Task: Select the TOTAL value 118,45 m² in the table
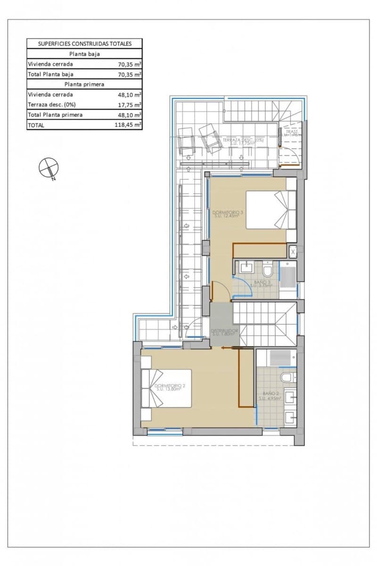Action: tap(130, 125)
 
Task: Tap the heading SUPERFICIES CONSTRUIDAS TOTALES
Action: tap(84, 43)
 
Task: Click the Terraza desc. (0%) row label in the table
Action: tap(52, 105)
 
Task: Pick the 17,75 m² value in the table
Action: tap(130, 105)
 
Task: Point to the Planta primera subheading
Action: tap(84, 84)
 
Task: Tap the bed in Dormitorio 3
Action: tap(270, 209)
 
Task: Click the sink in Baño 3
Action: tap(246, 268)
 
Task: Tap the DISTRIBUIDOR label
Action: tap(225, 331)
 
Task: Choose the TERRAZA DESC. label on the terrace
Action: tap(244, 141)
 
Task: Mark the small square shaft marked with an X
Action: tap(293, 252)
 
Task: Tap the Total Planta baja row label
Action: tap(50, 74)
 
